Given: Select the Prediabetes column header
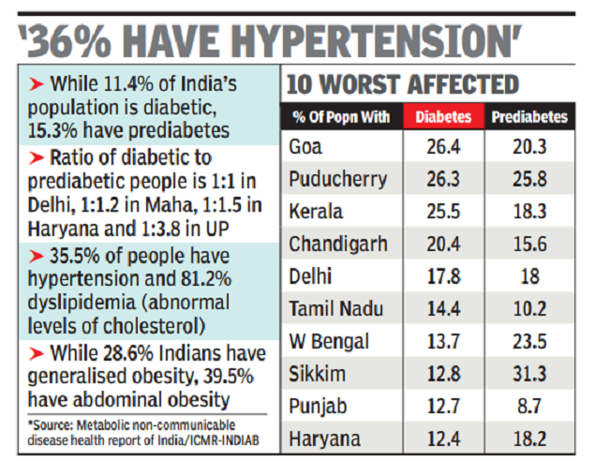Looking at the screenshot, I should coord(529,118).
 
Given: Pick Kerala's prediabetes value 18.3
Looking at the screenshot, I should coord(529,212).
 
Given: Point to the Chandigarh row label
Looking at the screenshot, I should coord(337,245).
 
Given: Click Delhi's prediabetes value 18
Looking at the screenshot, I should coord(529,276).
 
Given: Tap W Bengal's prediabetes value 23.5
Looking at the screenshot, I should coord(529,341).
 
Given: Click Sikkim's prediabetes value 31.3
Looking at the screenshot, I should coord(529,374).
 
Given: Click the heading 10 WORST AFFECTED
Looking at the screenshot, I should coord(402,86).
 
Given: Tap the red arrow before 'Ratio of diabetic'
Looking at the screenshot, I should coord(34,156).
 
